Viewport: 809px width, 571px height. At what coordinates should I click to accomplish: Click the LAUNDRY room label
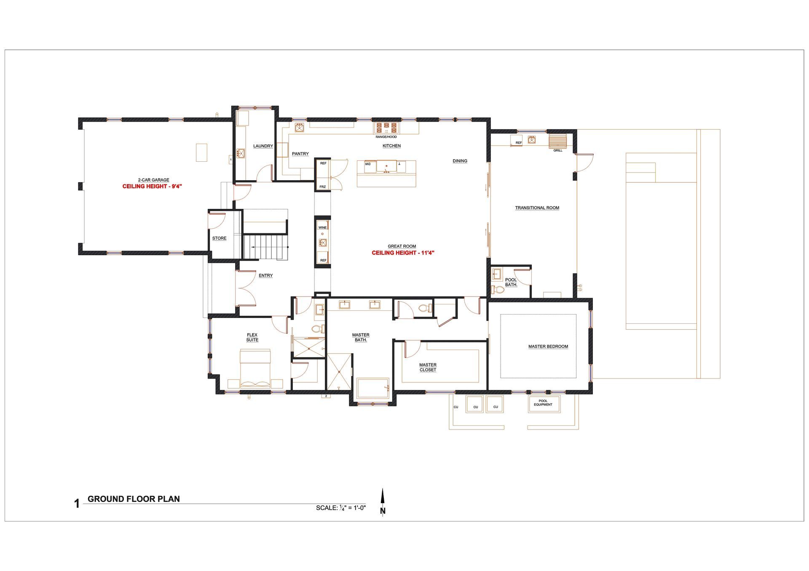[x=263, y=146]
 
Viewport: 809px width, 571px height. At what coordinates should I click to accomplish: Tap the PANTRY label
[x=300, y=154]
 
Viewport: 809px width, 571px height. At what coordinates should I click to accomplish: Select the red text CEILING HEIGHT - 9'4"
[x=152, y=186]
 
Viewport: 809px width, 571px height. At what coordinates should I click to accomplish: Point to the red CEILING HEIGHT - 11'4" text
[x=403, y=253]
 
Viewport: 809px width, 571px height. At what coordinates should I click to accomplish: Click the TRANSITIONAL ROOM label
[x=537, y=208]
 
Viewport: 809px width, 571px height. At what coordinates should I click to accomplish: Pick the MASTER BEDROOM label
[x=548, y=347]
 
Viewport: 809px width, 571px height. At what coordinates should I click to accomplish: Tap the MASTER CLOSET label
[x=428, y=367]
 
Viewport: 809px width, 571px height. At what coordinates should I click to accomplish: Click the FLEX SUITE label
[x=252, y=337]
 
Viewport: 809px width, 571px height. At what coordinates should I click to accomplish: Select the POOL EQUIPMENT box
[x=544, y=404]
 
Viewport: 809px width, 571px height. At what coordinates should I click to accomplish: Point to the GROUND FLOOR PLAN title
[x=134, y=499]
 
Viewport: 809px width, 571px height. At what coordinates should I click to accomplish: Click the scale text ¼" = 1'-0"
[x=352, y=508]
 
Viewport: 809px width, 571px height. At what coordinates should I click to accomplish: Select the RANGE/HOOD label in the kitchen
[x=386, y=137]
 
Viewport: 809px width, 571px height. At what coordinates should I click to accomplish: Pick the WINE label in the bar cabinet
[x=322, y=227]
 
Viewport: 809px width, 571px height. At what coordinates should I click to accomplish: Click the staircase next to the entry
[x=265, y=247]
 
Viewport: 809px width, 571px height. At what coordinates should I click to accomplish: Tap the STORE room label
[x=219, y=238]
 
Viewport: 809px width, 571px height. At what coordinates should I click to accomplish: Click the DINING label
[x=460, y=161]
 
